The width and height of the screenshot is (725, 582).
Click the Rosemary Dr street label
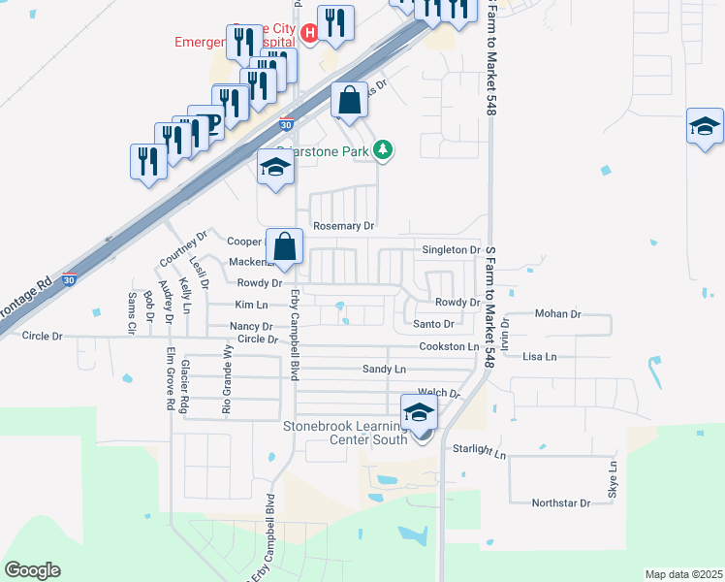[x=343, y=226]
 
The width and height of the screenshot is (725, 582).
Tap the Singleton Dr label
[x=451, y=250]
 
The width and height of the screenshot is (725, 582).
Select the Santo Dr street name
[x=433, y=324]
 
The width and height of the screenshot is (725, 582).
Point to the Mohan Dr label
[x=557, y=314]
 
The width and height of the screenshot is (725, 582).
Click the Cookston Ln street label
[x=449, y=346]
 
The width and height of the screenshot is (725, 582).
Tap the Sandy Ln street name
[x=384, y=370]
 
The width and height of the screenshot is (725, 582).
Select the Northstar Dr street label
[x=560, y=503]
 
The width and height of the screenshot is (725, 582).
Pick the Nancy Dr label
[x=251, y=327]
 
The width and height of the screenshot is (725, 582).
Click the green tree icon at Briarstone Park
[x=385, y=148]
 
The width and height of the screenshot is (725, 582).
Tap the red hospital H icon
[x=309, y=35]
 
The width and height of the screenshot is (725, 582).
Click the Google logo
[x=32, y=570]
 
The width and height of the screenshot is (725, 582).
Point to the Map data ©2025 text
[x=682, y=574]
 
